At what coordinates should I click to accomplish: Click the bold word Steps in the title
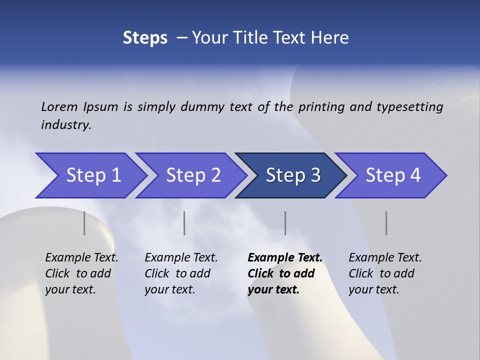(145, 38)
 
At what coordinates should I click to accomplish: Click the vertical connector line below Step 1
(84, 223)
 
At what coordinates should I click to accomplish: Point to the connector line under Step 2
(184, 223)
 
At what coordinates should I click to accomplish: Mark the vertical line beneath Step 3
(285, 223)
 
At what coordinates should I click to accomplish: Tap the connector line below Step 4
(386, 223)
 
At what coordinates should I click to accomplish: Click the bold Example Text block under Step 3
(284, 273)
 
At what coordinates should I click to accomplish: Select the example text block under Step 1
(81, 273)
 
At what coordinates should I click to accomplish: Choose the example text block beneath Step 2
(181, 273)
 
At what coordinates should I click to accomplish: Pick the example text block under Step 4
(385, 273)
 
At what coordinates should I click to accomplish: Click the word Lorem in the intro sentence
(59, 106)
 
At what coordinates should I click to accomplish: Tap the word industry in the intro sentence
(66, 124)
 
